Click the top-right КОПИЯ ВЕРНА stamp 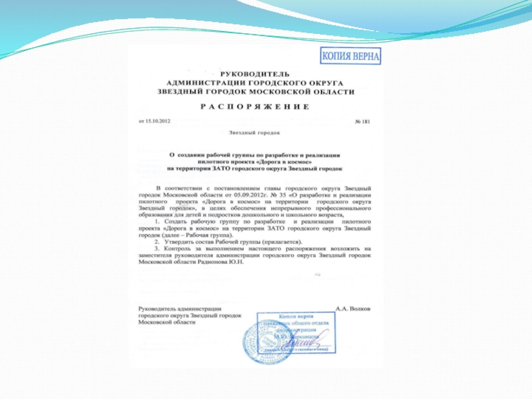pyautogui.click(x=351, y=56)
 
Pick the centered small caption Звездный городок pyautogui.click(x=255, y=133)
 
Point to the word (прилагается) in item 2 pyautogui.click(x=280, y=242)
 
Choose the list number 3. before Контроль pyautogui.click(x=158, y=249)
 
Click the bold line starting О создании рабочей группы pyautogui.click(x=255, y=154)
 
